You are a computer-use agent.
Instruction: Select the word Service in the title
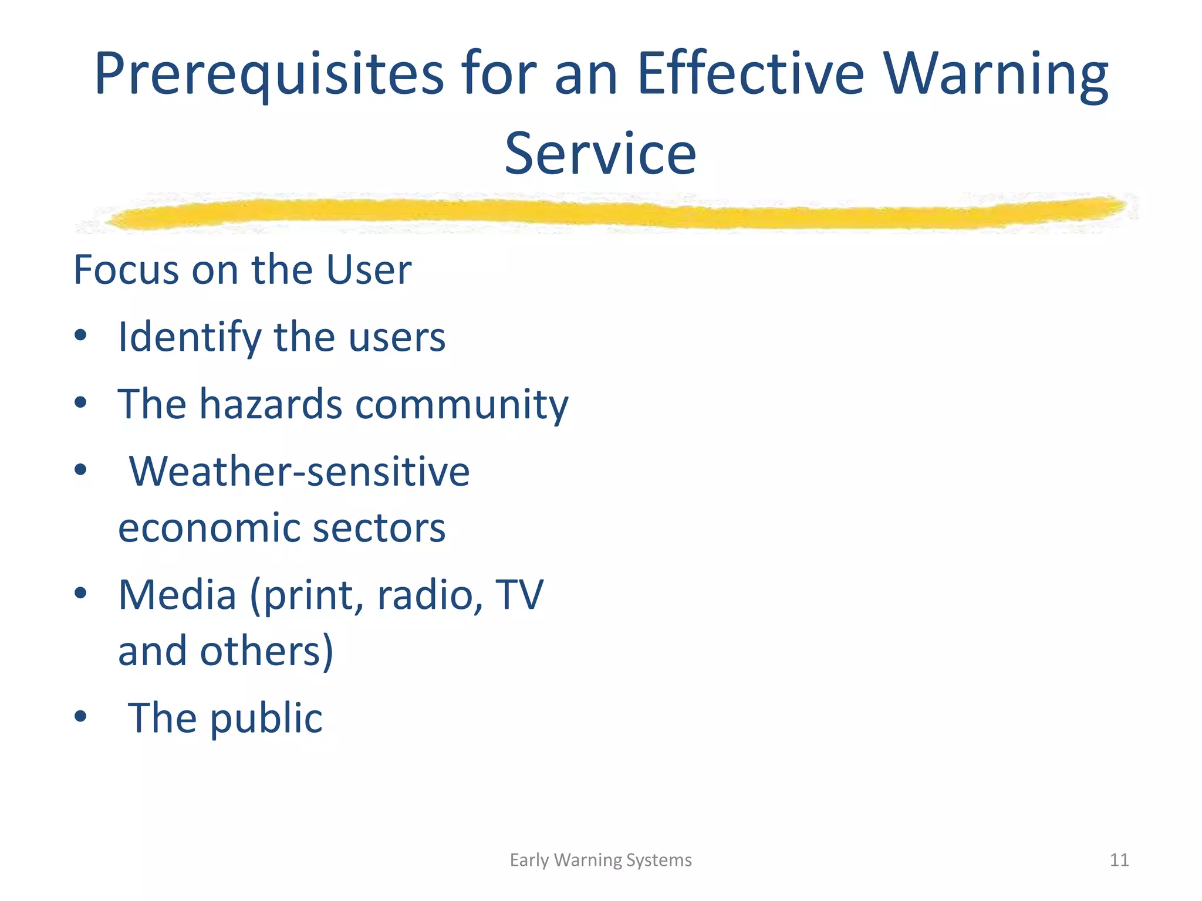600,154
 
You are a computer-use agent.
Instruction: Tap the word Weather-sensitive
299,471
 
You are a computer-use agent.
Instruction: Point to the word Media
177,595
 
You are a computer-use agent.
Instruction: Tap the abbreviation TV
519,595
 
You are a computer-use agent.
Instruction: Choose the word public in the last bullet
266,719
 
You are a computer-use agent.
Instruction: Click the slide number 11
1119,860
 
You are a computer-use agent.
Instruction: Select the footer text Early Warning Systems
600,860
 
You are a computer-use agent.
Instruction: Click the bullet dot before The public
81,716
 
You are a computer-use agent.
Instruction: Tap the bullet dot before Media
81,593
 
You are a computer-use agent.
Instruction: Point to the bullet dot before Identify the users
81,336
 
